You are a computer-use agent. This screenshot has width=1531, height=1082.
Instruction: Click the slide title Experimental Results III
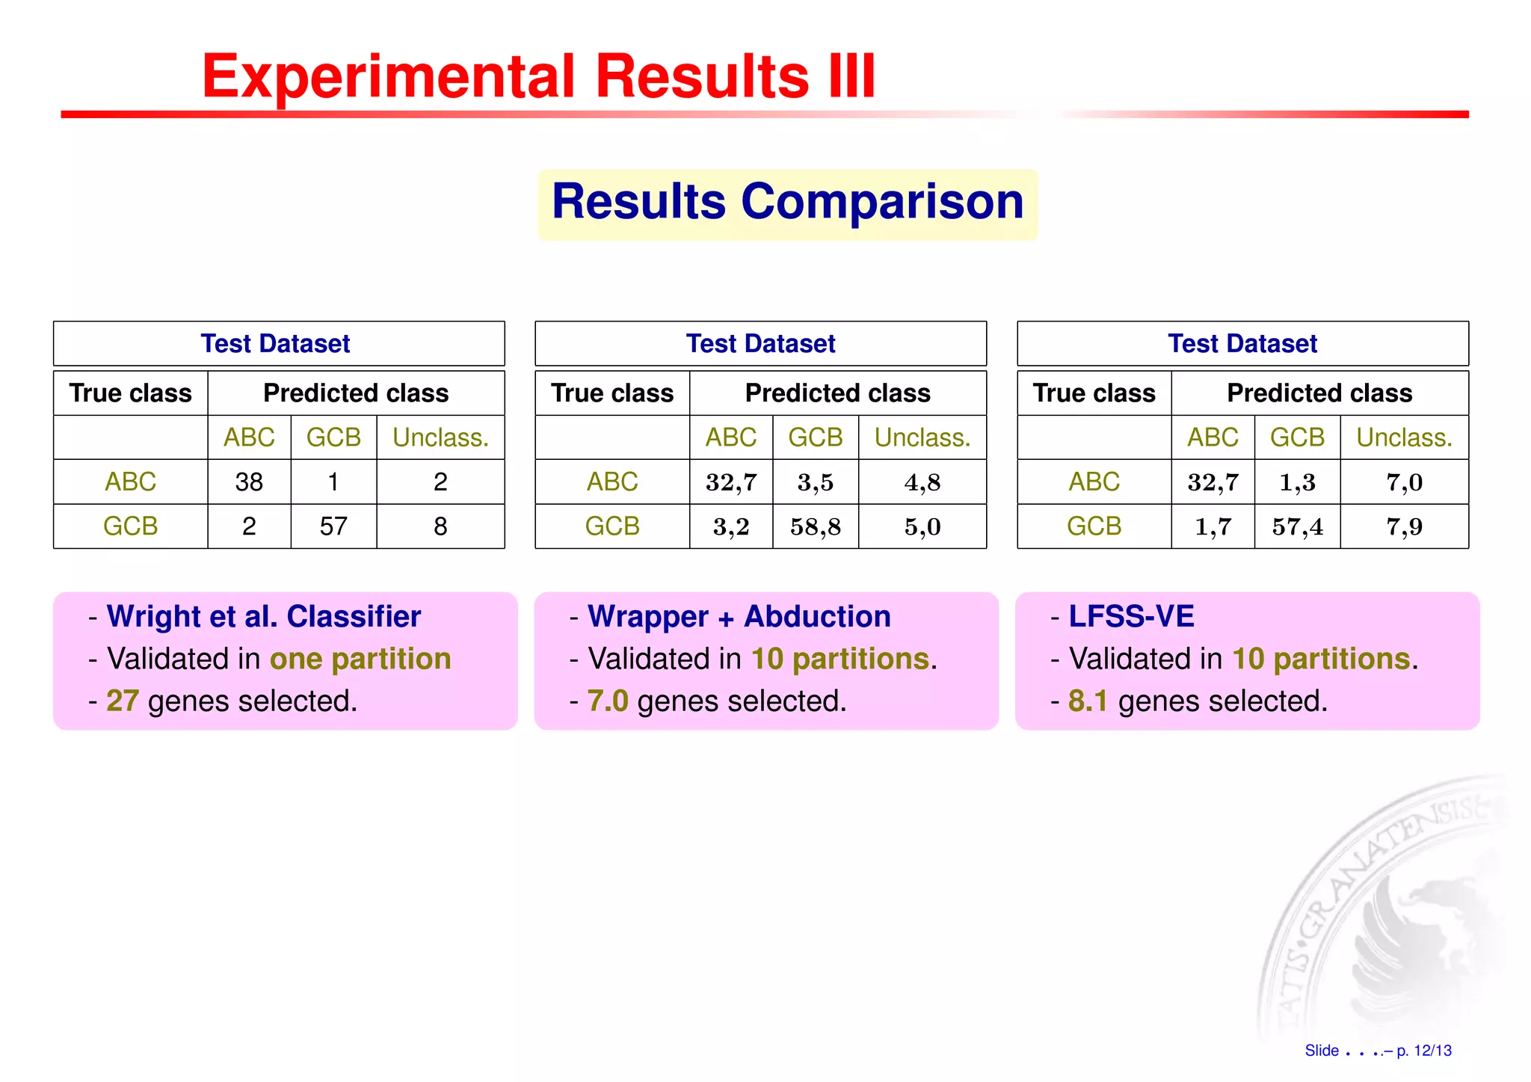[538, 76]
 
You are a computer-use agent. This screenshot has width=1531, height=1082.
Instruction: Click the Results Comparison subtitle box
[787, 203]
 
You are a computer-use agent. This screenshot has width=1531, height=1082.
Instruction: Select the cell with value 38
[249, 482]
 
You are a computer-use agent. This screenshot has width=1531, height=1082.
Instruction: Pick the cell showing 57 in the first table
[333, 526]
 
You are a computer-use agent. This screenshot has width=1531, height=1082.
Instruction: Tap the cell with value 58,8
[815, 526]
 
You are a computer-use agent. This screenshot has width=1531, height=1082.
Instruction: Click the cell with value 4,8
[922, 482]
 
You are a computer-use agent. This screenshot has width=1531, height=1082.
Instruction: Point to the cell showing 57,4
[1297, 526]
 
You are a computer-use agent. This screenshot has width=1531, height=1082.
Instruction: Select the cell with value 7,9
[1404, 526]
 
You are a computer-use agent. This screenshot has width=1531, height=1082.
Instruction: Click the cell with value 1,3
[1297, 482]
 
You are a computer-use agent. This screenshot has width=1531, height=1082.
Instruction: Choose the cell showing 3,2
[730, 526]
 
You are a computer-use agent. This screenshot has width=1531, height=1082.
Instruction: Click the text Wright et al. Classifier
[263, 617]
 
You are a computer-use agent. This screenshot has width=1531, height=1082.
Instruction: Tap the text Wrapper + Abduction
[739, 617]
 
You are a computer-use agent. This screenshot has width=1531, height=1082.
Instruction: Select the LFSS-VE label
[1131, 617]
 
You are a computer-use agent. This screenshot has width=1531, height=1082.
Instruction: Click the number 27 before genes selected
[123, 701]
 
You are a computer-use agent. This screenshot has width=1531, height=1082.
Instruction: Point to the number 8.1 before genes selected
[1088, 701]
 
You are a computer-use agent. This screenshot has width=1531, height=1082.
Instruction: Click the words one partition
[360, 660]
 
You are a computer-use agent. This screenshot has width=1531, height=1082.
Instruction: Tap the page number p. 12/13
[1423, 1051]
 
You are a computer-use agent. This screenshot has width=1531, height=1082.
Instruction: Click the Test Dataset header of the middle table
[760, 344]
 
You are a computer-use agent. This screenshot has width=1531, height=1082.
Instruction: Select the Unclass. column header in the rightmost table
[1404, 437]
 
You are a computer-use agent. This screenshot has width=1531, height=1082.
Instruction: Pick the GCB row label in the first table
[130, 526]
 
